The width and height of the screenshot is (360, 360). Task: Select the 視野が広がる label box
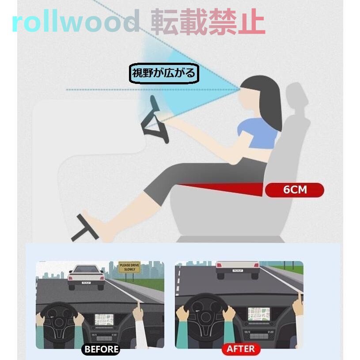click(x=164, y=73)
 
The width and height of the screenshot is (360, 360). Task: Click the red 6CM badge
click(x=295, y=190)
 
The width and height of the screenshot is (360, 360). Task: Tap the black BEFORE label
click(x=101, y=349)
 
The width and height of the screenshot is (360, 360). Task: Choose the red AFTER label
click(x=240, y=349)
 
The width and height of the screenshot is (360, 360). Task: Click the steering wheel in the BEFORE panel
click(x=59, y=320)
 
